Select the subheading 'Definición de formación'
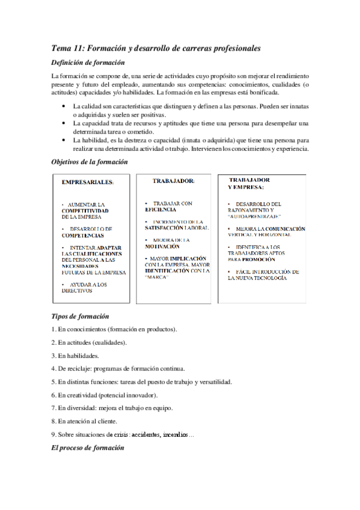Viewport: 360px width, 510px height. click(x=88, y=63)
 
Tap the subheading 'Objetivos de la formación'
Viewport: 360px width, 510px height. click(x=90, y=162)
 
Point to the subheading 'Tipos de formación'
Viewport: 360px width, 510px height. click(x=80, y=316)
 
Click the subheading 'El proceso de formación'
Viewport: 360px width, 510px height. click(x=88, y=448)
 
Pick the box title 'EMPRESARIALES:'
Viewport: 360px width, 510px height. click(x=88, y=182)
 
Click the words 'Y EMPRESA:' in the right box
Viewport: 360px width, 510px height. click(x=246, y=187)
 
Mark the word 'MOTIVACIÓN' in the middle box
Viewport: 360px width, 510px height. click(x=162, y=247)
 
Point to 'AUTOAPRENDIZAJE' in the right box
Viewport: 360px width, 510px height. click(x=255, y=216)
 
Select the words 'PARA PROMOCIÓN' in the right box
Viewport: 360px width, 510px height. click(x=252, y=259)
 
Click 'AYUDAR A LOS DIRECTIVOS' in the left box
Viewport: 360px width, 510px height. click(x=85, y=287)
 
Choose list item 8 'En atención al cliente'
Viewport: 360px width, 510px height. click(x=85, y=421)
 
